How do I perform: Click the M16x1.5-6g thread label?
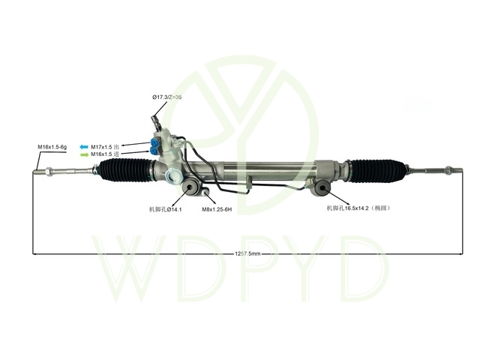tap(52, 147)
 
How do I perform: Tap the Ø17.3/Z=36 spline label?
tap(167, 98)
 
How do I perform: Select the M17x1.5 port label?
tap(105, 146)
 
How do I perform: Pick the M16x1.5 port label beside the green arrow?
tap(105, 154)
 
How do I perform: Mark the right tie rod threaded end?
tap(449, 171)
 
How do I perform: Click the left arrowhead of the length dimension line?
tap(35, 253)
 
